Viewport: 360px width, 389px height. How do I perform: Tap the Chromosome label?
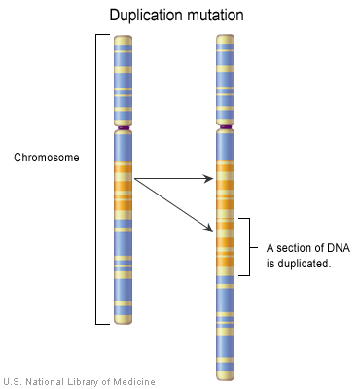[46, 157]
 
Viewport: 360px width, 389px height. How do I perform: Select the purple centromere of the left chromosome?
[123, 128]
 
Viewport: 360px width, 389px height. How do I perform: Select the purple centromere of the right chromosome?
[226, 128]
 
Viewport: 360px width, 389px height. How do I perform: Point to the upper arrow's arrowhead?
[210, 180]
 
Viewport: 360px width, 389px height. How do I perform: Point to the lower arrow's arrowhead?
[210, 230]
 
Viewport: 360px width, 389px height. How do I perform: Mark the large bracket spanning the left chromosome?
[96, 180]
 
